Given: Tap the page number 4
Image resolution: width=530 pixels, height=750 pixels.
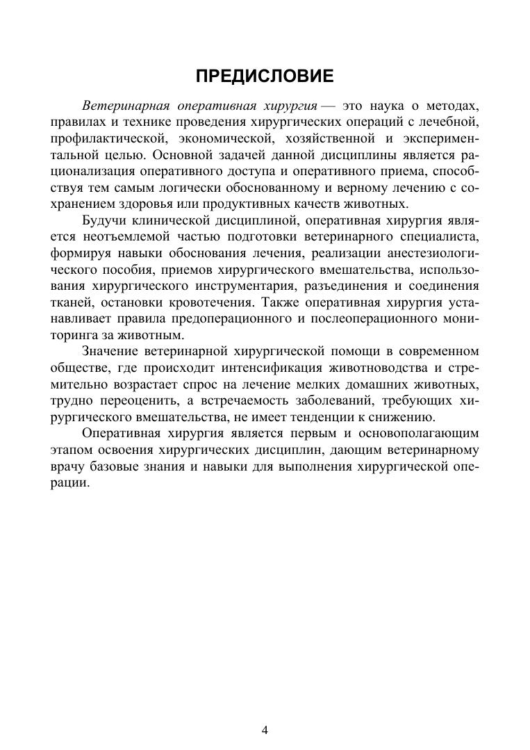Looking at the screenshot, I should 265,729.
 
